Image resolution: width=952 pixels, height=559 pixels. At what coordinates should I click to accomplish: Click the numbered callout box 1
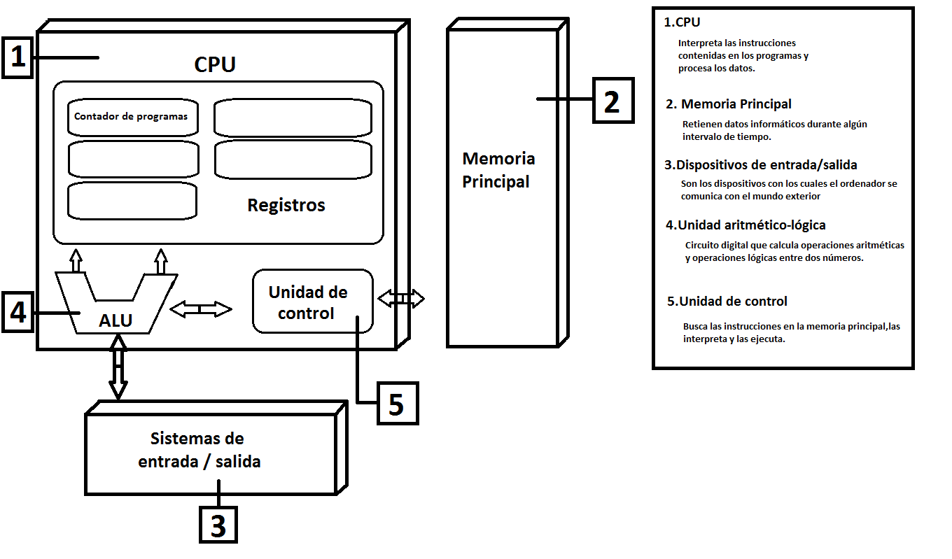[x=17, y=58]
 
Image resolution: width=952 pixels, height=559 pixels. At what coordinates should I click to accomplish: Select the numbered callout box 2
[x=612, y=101]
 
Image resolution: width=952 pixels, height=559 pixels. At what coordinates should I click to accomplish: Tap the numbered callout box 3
[x=218, y=524]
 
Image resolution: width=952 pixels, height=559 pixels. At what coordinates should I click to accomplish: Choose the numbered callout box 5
[x=397, y=404]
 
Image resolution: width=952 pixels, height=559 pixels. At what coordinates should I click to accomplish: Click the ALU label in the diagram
[x=115, y=320]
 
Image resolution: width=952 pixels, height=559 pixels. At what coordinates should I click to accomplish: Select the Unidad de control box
[x=312, y=302]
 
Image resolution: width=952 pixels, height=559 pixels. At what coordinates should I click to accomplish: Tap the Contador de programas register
[x=132, y=117]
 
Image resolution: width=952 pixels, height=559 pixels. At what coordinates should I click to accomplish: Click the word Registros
[x=286, y=205]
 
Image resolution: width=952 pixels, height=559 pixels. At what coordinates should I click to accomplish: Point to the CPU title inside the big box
[x=215, y=64]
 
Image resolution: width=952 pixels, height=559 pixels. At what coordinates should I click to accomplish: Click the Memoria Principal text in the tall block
[x=498, y=170]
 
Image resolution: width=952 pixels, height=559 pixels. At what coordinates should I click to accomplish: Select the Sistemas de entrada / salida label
[x=199, y=450]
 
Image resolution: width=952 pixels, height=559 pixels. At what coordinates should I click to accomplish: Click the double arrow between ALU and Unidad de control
[x=201, y=309]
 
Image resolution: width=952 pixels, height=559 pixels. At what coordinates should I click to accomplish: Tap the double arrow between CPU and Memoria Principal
[x=401, y=299]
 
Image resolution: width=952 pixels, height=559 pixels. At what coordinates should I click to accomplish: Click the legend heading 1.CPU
[x=682, y=22]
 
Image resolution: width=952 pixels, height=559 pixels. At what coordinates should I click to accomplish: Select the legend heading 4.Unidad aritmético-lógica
[x=746, y=225]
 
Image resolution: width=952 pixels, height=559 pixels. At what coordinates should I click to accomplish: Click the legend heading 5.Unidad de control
[x=728, y=302]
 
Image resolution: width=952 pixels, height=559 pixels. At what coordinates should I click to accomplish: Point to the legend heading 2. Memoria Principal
[x=729, y=104]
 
